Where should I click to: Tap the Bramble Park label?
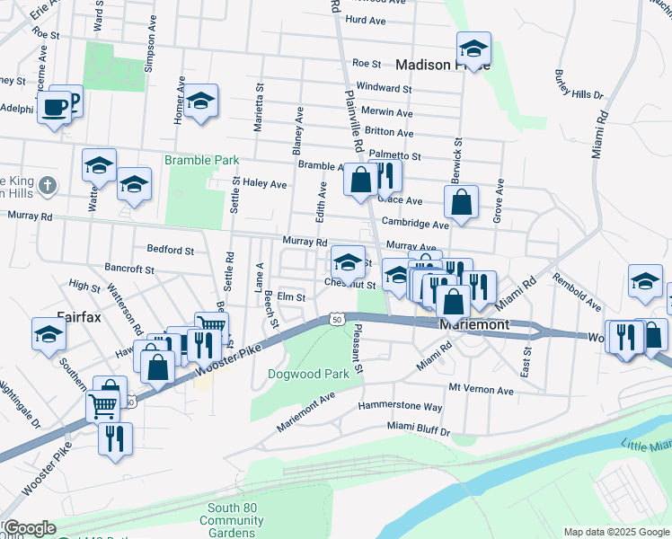(201, 160)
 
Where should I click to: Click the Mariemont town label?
(473, 324)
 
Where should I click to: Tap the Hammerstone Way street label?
(400, 406)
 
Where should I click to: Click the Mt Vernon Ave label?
(481, 390)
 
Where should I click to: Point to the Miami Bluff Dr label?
(419, 430)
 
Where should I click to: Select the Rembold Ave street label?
(576, 292)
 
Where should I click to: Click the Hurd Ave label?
(365, 20)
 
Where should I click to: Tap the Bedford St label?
(169, 250)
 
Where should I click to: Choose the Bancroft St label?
(129, 268)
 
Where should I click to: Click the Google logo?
(30, 528)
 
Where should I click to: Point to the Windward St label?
(384, 88)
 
